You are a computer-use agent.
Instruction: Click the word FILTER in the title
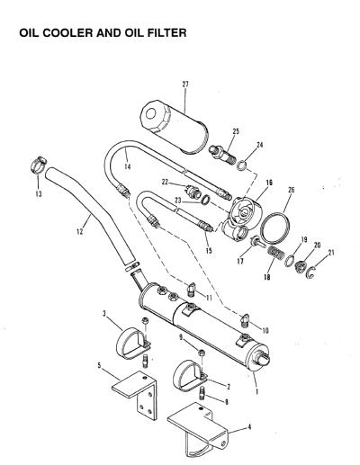coord(166,32)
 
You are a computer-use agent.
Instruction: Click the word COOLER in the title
coord(68,32)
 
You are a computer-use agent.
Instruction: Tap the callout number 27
coord(185,85)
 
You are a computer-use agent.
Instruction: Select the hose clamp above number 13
coord(39,165)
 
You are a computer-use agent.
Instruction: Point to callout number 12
coord(80,231)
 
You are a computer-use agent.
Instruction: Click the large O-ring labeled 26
coord(275,228)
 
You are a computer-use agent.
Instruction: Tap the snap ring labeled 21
coord(311,273)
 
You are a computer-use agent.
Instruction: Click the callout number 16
coord(269,183)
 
